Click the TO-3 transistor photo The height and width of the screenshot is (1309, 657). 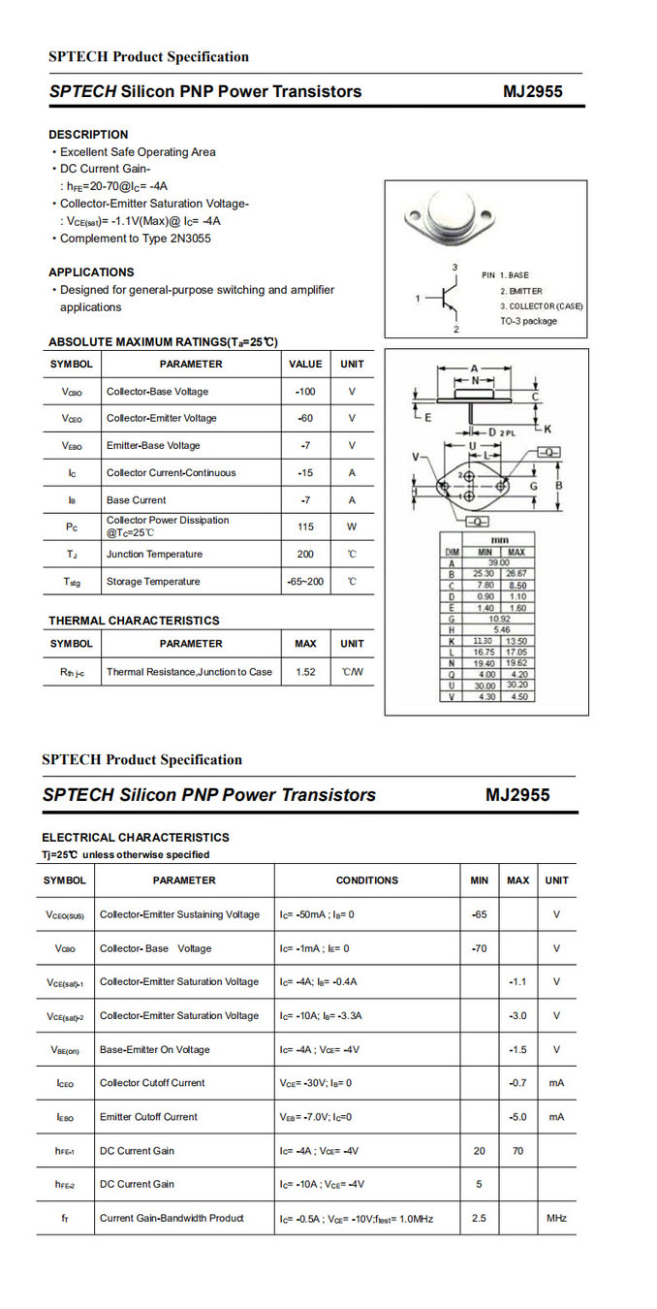(x=453, y=215)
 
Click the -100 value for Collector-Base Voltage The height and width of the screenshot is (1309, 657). (x=306, y=392)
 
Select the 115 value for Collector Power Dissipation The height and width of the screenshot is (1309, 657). (x=306, y=527)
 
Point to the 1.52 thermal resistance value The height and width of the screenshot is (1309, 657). (x=306, y=671)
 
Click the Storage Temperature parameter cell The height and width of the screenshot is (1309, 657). (x=153, y=582)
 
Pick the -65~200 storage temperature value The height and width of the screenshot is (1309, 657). (x=306, y=582)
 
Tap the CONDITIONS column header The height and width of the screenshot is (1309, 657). (x=366, y=880)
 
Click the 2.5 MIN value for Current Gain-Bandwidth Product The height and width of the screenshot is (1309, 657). (x=479, y=1218)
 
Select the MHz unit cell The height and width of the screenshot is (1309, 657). (x=556, y=1218)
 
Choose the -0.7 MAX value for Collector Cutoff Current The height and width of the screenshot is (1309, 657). (x=517, y=1083)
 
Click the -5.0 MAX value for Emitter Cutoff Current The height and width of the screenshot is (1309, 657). (x=517, y=1117)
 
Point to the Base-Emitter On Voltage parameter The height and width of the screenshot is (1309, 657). (x=154, y=1050)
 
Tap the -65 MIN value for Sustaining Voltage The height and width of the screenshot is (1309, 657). (x=479, y=914)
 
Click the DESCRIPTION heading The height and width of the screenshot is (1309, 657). (x=88, y=135)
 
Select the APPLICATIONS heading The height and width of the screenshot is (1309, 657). (x=91, y=272)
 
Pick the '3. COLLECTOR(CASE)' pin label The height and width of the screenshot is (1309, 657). (x=542, y=306)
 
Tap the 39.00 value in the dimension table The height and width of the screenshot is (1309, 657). (x=498, y=562)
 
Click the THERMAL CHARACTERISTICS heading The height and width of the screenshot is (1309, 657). (x=134, y=621)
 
